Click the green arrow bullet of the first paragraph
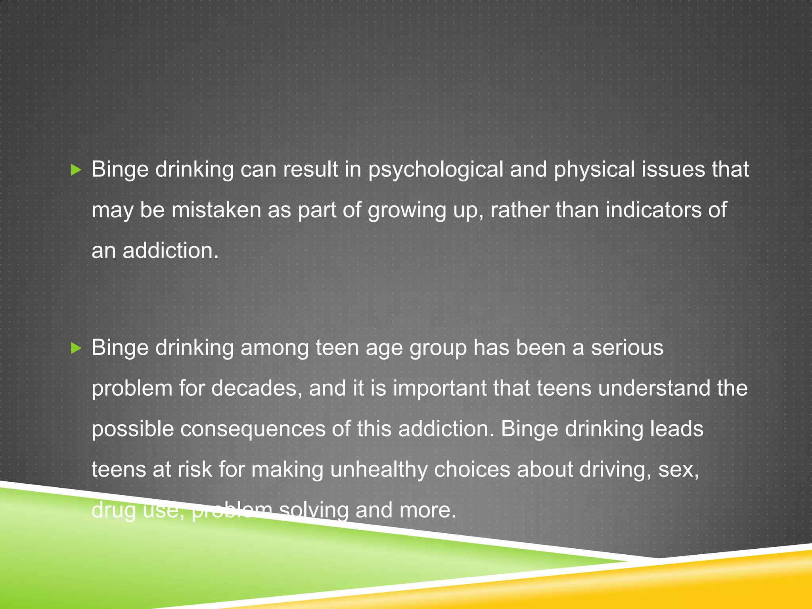pyautogui.click(x=76, y=170)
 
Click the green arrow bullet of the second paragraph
pyautogui.click(x=76, y=349)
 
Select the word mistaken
pyautogui.click(x=216, y=210)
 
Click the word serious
pyautogui.click(x=627, y=348)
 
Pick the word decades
pyautogui.click(x=254, y=388)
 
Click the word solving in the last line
pyautogui.click(x=314, y=511)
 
